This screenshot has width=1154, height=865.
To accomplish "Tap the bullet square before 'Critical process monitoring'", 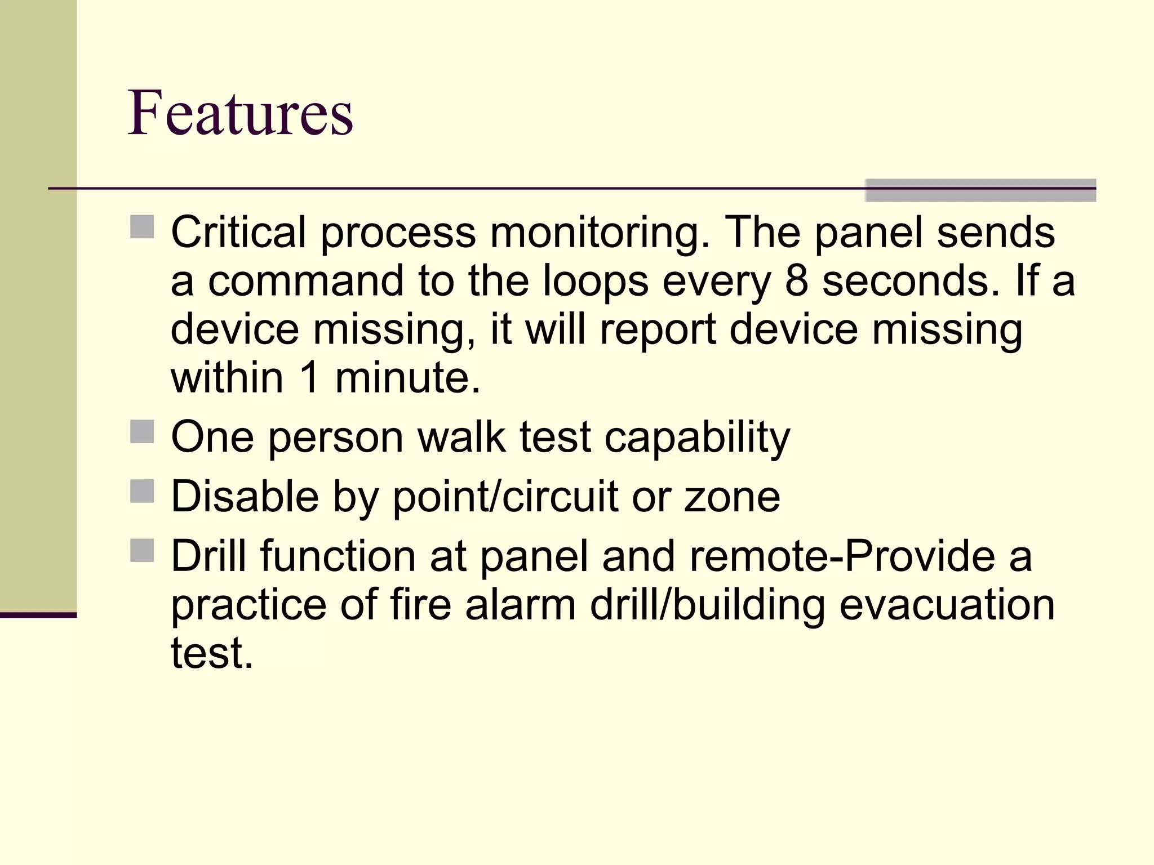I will coord(142,227).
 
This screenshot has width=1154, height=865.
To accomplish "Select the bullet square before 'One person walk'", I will coord(142,431).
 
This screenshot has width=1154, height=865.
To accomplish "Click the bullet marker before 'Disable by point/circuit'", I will coord(142,491).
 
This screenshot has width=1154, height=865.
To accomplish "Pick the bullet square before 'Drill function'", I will coord(142,551).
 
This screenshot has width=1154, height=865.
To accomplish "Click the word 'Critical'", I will coord(238,232).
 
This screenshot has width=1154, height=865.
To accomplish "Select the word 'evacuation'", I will coord(947,605).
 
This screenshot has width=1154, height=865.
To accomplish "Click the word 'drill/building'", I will coord(707,606).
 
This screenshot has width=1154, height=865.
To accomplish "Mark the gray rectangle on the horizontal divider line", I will coord(980,190).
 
